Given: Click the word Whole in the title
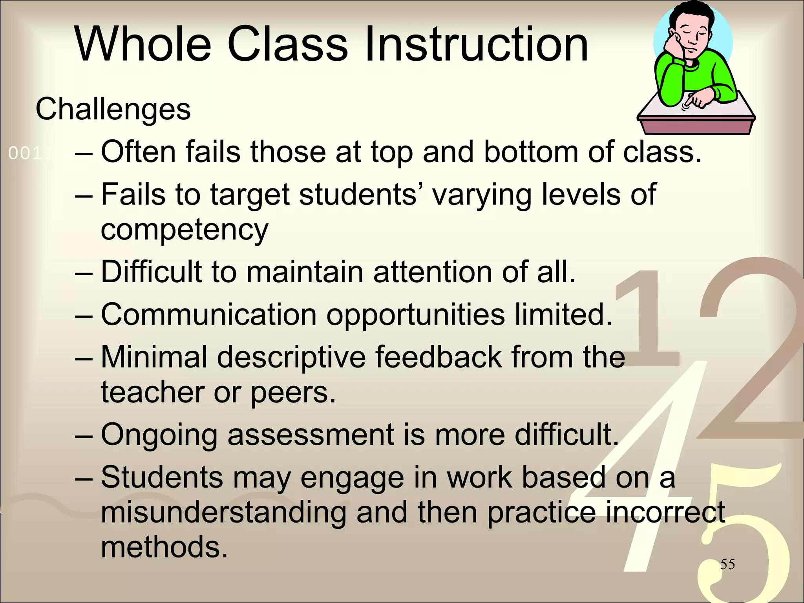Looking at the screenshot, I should (x=143, y=44).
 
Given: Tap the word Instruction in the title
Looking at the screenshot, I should (x=476, y=44).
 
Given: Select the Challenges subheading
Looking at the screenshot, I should (x=113, y=109).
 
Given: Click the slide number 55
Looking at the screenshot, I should (x=727, y=564).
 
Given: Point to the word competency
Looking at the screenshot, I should (x=185, y=230).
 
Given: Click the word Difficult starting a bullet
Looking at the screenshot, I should (x=152, y=272).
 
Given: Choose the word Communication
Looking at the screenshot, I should (x=208, y=314).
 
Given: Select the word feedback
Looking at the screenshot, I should (x=438, y=357).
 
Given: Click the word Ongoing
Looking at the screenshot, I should (x=159, y=435).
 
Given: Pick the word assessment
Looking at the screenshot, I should (x=311, y=435).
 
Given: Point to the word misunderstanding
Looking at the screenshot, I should (x=224, y=512).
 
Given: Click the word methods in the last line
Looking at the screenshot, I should (x=164, y=547).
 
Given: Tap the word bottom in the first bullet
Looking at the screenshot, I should (x=531, y=152).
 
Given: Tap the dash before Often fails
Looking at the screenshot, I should (x=84, y=153).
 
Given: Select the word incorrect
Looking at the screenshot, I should (x=665, y=512).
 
